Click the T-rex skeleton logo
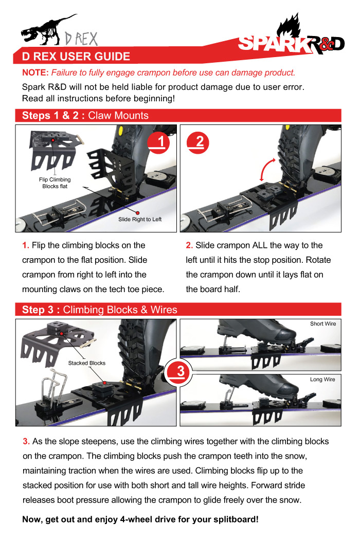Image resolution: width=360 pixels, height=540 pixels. [48, 30]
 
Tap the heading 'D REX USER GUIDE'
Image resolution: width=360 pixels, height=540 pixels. [76, 57]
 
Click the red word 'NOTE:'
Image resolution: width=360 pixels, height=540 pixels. [35, 73]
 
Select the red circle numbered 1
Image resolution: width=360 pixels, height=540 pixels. [159, 142]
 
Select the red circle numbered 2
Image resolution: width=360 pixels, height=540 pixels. [197, 142]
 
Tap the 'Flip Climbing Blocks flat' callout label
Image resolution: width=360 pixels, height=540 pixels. [55, 183]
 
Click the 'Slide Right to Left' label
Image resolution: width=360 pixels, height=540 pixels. [140, 220]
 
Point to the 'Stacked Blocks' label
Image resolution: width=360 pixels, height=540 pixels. [87, 363]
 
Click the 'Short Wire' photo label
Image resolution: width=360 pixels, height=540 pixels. [323, 323]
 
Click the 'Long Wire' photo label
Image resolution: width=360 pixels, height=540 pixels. [322, 380]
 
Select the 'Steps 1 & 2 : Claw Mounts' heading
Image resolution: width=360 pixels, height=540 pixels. [85, 115]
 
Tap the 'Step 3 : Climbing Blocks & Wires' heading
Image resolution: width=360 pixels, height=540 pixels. [100, 310]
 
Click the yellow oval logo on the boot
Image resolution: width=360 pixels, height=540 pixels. [121, 131]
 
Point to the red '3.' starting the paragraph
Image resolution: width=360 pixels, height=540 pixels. [26, 441]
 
